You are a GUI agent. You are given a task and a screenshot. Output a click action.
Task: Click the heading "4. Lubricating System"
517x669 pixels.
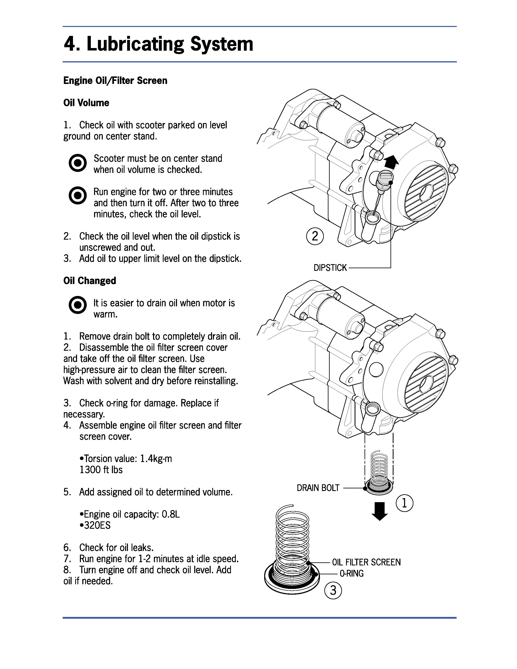coord(158,44)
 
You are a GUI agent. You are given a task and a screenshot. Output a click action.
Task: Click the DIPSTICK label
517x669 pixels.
coord(330,268)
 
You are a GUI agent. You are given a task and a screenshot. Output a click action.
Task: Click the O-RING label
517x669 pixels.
coord(351,574)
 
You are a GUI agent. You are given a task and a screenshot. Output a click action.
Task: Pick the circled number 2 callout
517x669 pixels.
coord(315,236)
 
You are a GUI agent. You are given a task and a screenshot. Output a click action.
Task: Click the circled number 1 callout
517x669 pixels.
coord(404,503)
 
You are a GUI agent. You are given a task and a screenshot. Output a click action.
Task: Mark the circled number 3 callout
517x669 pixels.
coord(333,590)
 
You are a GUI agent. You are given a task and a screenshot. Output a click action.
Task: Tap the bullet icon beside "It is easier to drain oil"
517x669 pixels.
coord(77,305)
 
